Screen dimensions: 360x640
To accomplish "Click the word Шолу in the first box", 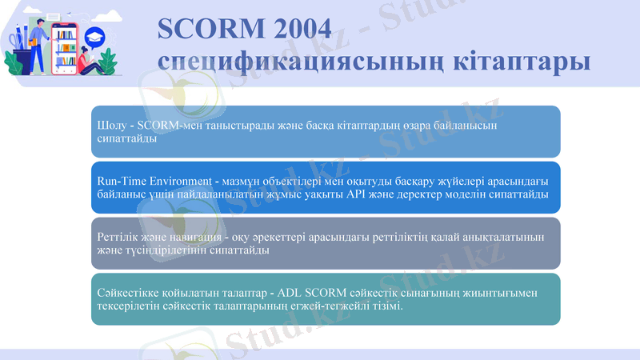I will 109,126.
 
